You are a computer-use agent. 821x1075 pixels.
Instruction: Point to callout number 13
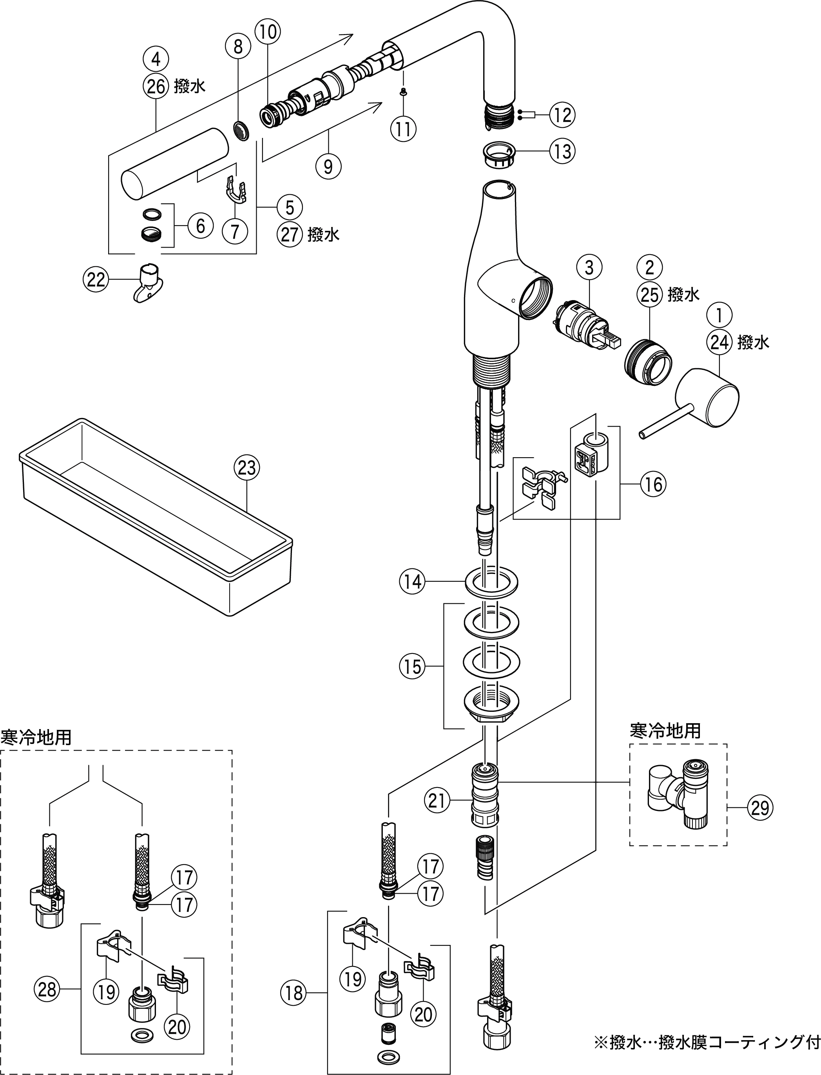[x=562, y=151]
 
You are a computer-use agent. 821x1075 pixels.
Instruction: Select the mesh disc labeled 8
[x=239, y=130]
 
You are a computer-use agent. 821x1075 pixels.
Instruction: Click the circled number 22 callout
[x=96, y=279]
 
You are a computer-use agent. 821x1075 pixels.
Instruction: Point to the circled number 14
[x=412, y=582]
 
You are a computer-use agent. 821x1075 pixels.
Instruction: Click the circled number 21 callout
[x=437, y=800]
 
